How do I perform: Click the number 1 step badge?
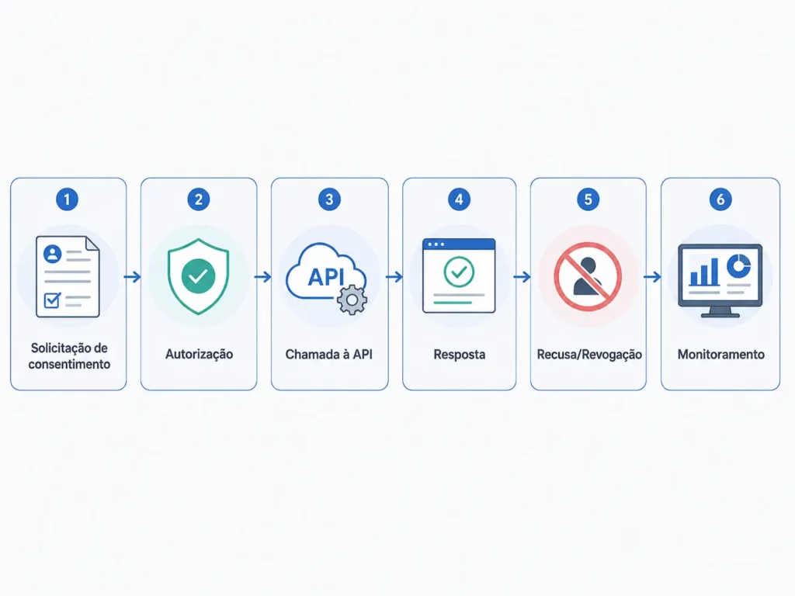(67, 199)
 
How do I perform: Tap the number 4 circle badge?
(459, 199)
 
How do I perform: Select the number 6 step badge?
(720, 199)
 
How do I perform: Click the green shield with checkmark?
(198, 276)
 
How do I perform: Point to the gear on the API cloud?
(352, 300)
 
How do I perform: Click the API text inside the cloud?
(326, 277)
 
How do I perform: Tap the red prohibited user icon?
(588, 277)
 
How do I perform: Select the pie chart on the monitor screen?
(738, 265)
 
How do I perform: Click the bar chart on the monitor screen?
(704, 272)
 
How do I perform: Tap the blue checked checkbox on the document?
(52, 300)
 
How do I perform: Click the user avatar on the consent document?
(53, 254)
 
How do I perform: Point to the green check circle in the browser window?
(459, 272)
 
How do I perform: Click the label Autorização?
(199, 354)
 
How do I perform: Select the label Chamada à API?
(329, 354)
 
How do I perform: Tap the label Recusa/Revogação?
(589, 354)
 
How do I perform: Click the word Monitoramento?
(721, 354)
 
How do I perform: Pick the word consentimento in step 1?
(69, 364)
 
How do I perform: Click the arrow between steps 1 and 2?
(133, 277)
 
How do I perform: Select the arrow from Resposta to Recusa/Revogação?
(522, 277)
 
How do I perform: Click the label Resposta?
(460, 354)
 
